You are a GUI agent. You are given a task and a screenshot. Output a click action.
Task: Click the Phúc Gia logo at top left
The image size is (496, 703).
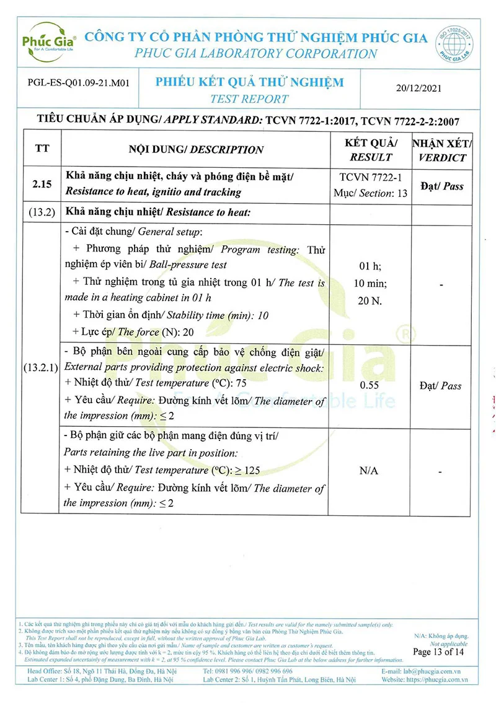[x=45, y=42]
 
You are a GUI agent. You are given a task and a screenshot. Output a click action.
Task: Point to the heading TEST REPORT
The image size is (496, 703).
[x=249, y=99]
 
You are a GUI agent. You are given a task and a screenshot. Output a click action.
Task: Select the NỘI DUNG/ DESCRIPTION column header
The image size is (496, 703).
[x=196, y=149]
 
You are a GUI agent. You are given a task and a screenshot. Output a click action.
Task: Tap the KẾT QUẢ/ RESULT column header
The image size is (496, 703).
[x=371, y=149]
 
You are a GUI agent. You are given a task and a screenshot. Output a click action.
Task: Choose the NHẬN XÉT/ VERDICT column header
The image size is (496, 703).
[x=442, y=149]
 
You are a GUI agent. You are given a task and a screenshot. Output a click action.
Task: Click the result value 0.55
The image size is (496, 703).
[x=370, y=385]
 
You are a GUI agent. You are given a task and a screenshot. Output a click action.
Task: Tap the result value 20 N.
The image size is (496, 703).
[x=370, y=301]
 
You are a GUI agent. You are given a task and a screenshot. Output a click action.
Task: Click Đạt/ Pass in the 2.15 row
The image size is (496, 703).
[x=441, y=186]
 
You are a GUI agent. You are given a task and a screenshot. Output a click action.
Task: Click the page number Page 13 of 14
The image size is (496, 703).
[x=438, y=652]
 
